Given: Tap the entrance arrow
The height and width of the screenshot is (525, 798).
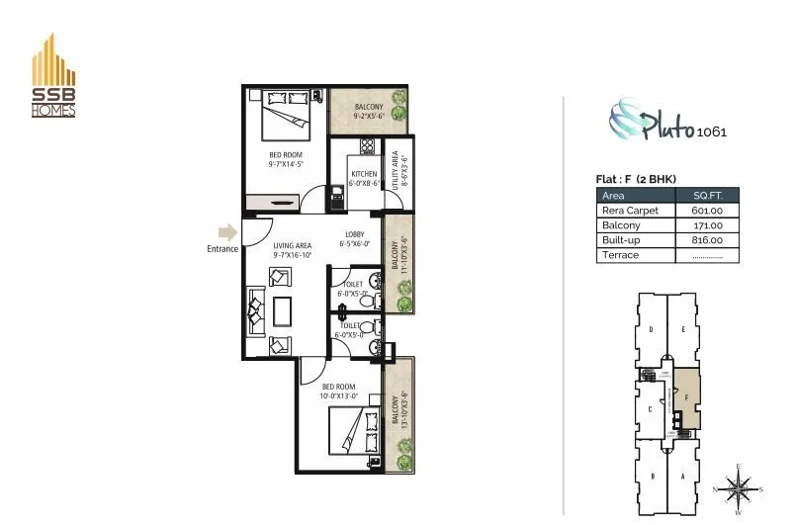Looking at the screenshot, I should (227, 233).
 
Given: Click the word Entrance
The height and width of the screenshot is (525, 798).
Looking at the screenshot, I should (222, 249).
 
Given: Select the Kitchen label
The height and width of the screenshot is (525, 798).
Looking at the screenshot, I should (364, 175).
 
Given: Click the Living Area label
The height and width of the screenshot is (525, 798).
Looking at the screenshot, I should (293, 245).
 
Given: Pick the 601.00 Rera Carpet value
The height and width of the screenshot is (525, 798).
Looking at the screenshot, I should (706, 211).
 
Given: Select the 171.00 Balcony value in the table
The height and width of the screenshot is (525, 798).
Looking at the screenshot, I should (706, 225).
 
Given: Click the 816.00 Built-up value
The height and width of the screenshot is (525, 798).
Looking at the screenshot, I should (706, 240).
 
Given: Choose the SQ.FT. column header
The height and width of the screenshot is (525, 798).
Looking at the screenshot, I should (706, 196).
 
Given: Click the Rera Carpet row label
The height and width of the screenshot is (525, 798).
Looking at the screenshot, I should (630, 211).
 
